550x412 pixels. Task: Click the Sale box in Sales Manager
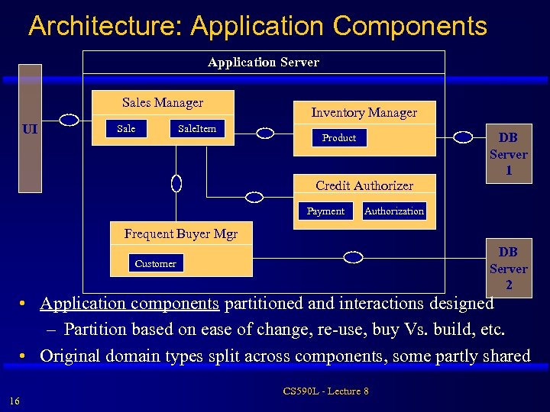pyautogui.click(x=126, y=129)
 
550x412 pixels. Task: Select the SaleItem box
pyautogui.click(x=197, y=129)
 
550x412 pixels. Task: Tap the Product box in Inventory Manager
pyautogui.click(x=338, y=138)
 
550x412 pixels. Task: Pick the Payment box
pyautogui.click(x=325, y=211)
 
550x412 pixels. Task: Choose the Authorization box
pyautogui.click(x=394, y=211)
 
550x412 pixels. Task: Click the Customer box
pyautogui.click(x=155, y=264)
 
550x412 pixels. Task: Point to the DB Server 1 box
pyautogui.click(x=508, y=154)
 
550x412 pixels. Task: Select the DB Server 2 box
pyautogui.click(x=508, y=269)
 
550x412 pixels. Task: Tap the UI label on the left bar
pyautogui.click(x=31, y=129)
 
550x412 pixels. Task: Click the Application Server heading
pyautogui.click(x=264, y=62)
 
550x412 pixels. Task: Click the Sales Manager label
pyautogui.click(x=163, y=102)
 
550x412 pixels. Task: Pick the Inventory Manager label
pyautogui.click(x=364, y=113)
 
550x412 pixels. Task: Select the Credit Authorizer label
pyautogui.click(x=364, y=185)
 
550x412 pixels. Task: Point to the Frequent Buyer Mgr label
pyautogui.click(x=181, y=234)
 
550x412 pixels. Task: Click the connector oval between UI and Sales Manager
pyautogui.click(x=70, y=120)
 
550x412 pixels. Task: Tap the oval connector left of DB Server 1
pyautogui.click(x=464, y=137)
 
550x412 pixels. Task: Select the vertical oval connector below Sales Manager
pyautogui.click(x=176, y=183)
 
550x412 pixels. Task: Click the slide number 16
pyautogui.click(x=15, y=401)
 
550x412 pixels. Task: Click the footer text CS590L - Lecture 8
pyautogui.click(x=325, y=391)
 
